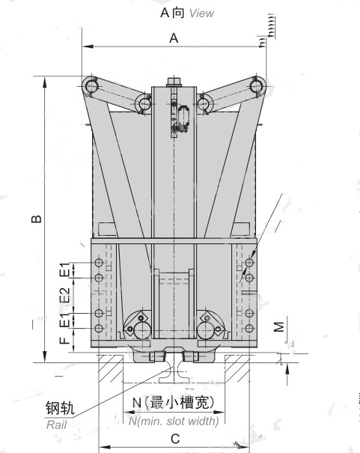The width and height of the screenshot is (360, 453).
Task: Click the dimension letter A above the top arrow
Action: pyautogui.click(x=174, y=38)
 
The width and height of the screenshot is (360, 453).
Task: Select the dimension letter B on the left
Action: pyautogui.click(x=37, y=219)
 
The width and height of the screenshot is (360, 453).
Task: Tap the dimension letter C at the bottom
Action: pyautogui.click(x=175, y=439)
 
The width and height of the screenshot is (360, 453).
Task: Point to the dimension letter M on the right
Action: pyautogui.click(x=278, y=327)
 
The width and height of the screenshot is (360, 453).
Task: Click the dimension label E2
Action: pyautogui.click(x=65, y=295)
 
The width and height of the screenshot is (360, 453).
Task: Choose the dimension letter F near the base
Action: pyautogui.click(x=64, y=341)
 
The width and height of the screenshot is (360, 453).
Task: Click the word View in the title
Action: pyautogui.click(x=201, y=13)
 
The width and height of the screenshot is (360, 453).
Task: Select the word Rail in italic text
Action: pyautogui.click(x=56, y=425)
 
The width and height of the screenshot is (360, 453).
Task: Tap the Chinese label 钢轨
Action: pyautogui.click(x=60, y=408)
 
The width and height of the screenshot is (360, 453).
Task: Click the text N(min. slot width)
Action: pyautogui.click(x=174, y=422)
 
